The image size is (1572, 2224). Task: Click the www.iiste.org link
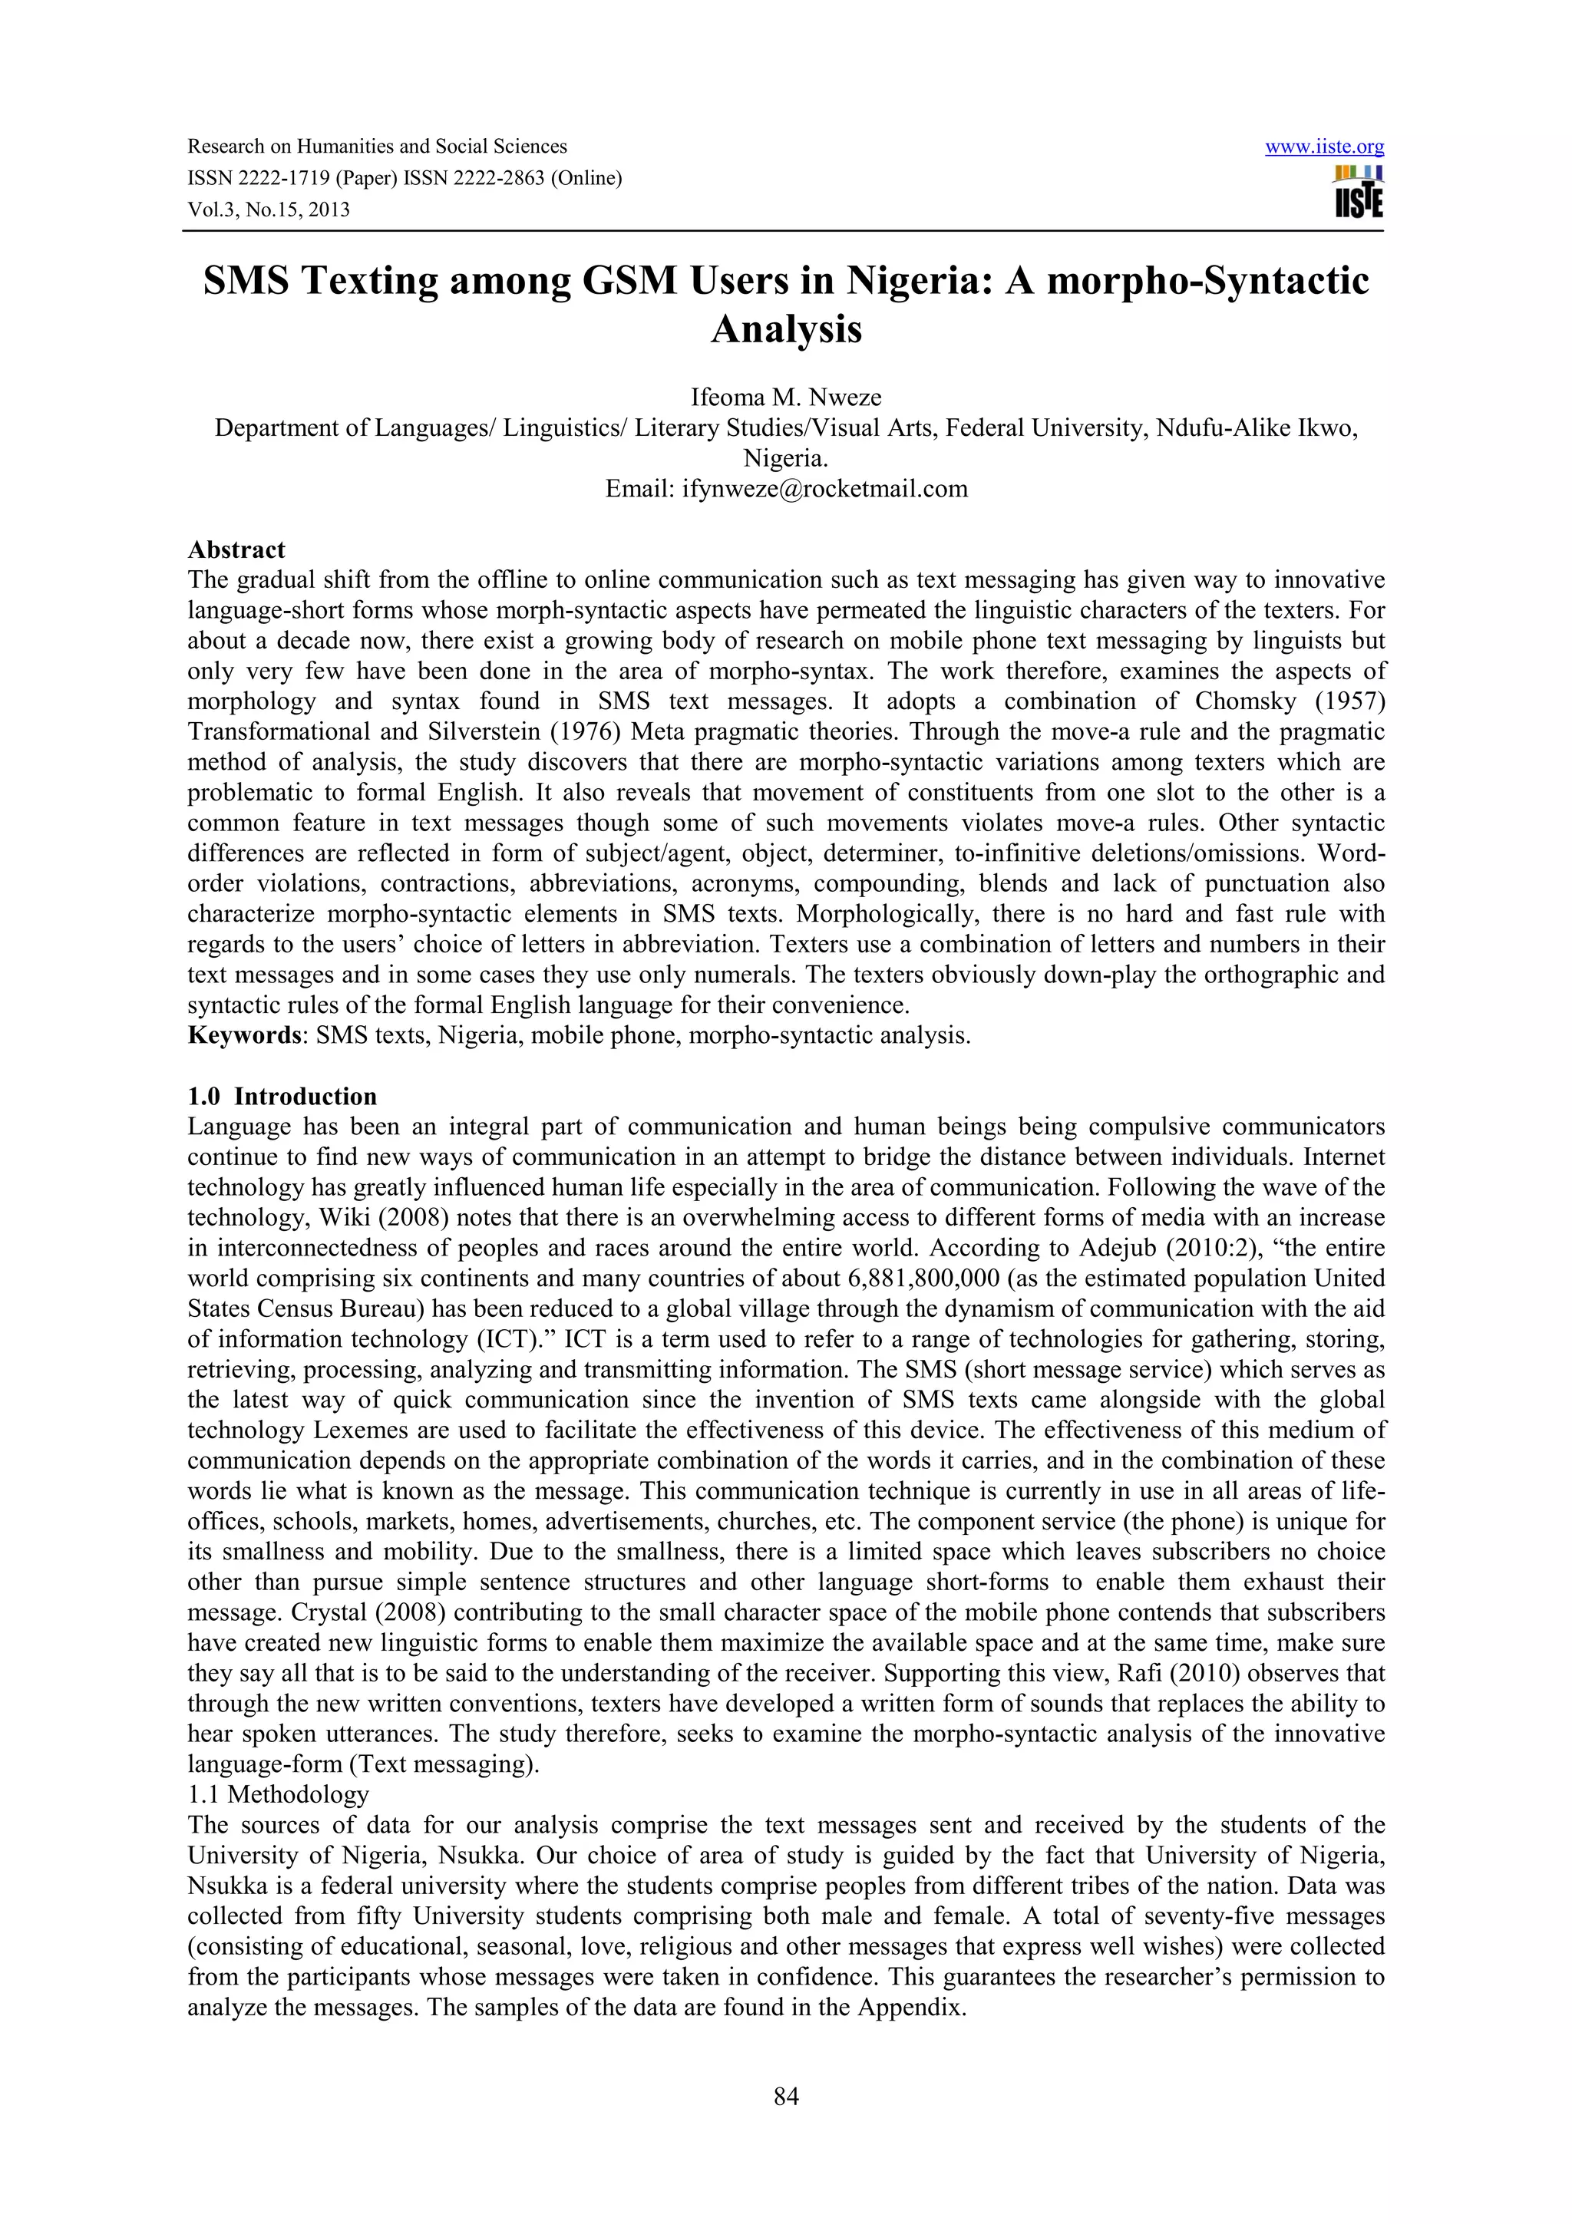pos(1324,147)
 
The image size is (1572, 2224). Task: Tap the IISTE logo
pos(1358,192)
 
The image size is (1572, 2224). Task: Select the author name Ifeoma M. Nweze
pos(785,398)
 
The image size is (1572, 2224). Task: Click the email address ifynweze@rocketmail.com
pos(824,488)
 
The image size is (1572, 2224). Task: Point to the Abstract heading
pos(236,550)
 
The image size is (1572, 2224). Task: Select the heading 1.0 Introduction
pos(282,1097)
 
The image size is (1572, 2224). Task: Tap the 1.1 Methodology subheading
pos(278,1794)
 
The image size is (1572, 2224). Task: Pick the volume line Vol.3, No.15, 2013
pos(269,210)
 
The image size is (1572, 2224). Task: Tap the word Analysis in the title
pos(785,329)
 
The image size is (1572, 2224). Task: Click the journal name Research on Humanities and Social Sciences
pos(377,147)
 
